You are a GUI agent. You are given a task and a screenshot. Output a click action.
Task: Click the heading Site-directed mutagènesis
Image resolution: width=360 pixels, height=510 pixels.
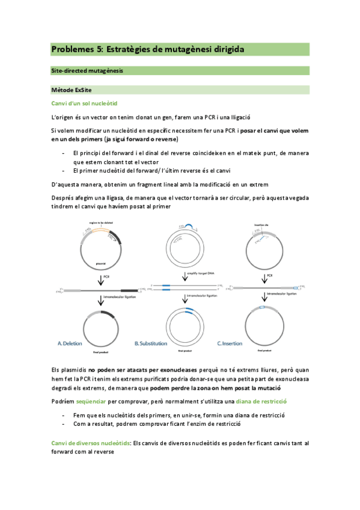coord(87,71)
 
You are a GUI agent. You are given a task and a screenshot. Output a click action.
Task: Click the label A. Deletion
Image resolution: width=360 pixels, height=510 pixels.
coord(75,343)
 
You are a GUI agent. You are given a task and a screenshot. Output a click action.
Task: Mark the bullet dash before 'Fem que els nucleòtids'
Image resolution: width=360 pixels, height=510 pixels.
coord(63,415)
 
